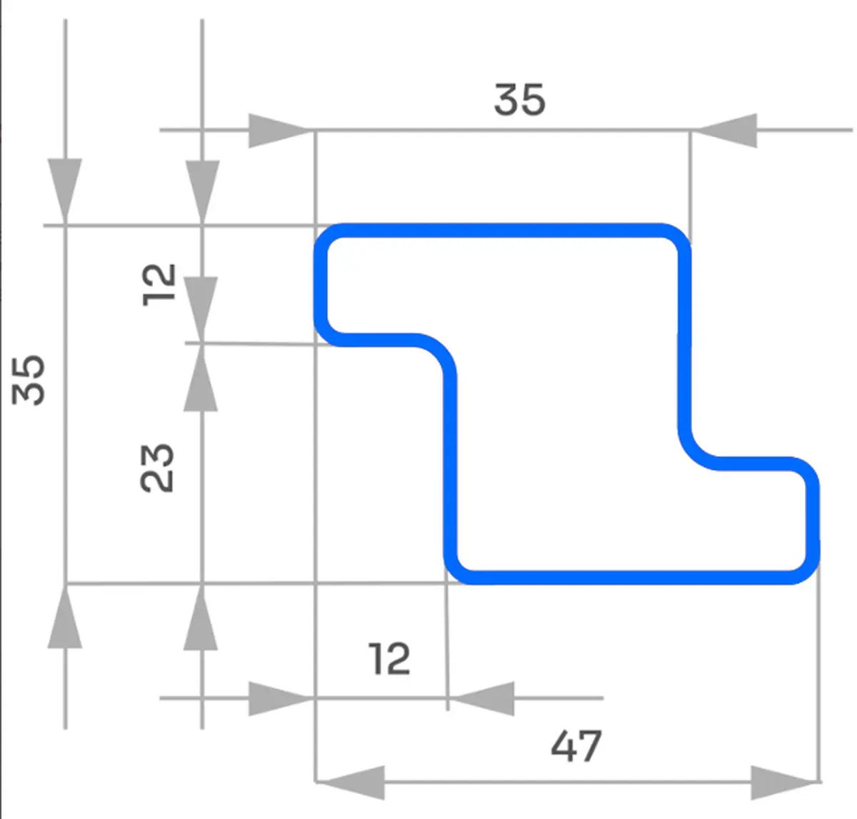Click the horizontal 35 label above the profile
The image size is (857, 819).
(519, 99)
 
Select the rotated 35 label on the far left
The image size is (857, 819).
(30, 379)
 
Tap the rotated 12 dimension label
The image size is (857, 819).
(159, 284)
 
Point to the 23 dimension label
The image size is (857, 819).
(157, 468)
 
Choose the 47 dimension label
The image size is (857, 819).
(576, 746)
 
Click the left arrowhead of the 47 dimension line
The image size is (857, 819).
(351, 782)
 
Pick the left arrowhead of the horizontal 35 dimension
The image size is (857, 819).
(279, 131)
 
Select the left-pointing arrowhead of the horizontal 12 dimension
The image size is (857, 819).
(483, 698)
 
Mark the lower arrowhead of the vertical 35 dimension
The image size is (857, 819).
(65, 620)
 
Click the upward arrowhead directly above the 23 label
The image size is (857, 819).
(201, 378)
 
